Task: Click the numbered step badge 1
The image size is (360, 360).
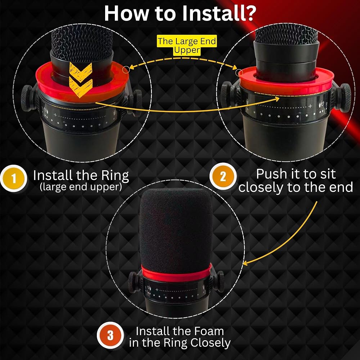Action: point(14,179)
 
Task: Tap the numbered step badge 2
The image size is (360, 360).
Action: point(223,176)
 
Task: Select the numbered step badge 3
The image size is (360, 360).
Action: point(110,336)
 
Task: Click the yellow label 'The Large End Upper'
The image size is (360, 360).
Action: point(186,45)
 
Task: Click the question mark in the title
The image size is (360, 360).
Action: point(249,13)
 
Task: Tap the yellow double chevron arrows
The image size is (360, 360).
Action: point(81,80)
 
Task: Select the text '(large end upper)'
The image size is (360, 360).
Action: point(81,187)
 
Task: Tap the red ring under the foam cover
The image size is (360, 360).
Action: point(176,274)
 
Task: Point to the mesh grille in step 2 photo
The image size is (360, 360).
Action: point(286,35)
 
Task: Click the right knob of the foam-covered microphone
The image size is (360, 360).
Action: point(220,282)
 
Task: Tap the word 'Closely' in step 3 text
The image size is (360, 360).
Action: point(211,343)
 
